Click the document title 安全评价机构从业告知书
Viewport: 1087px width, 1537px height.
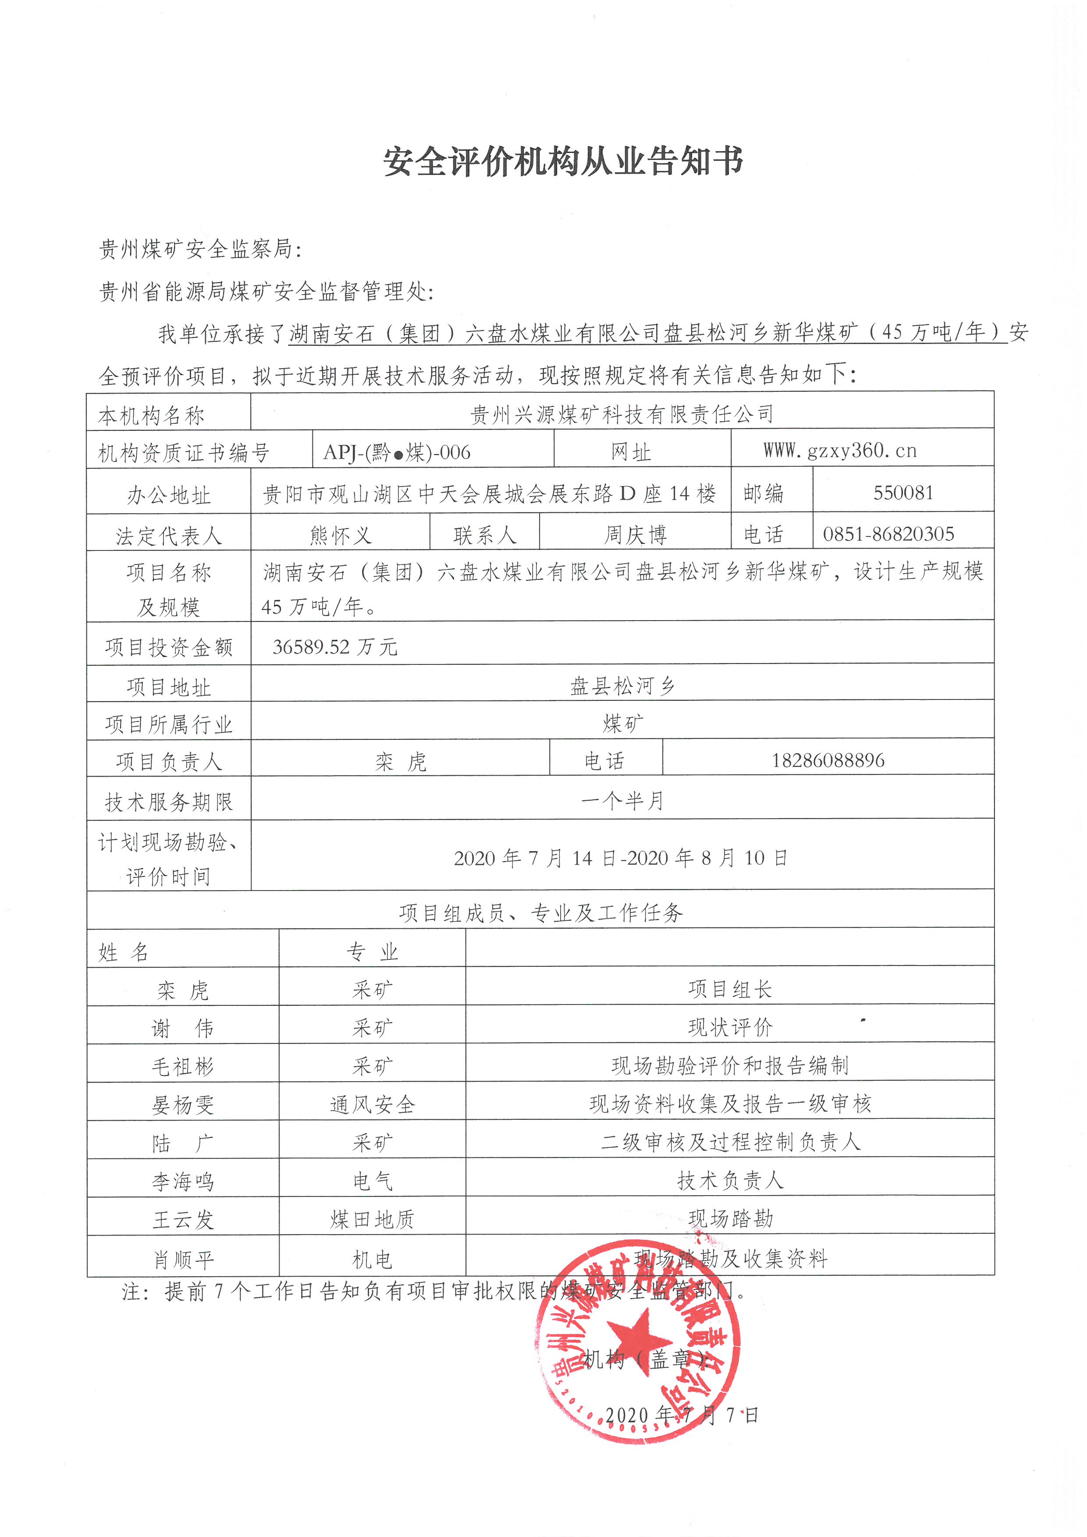[x=563, y=162]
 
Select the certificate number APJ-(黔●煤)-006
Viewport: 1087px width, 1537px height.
[x=397, y=453]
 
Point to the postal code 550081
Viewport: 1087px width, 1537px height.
[x=903, y=493]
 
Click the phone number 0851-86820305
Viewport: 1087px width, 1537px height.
[x=888, y=534]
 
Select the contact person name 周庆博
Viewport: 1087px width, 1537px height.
[x=635, y=535]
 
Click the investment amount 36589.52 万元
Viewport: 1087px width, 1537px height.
[x=335, y=647]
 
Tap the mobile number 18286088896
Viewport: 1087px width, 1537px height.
[x=828, y=760]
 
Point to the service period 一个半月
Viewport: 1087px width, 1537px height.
[x=622, y=801]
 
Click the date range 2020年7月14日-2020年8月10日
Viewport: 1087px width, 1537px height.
[x=621, y=858]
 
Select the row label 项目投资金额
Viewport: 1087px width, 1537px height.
[x=169, y=647]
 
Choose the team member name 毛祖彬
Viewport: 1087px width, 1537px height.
[x=183, y=1066]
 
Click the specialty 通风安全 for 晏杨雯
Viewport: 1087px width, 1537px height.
[x=372, y=1104]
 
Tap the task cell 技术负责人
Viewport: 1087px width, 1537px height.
[x=730, y=1181]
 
